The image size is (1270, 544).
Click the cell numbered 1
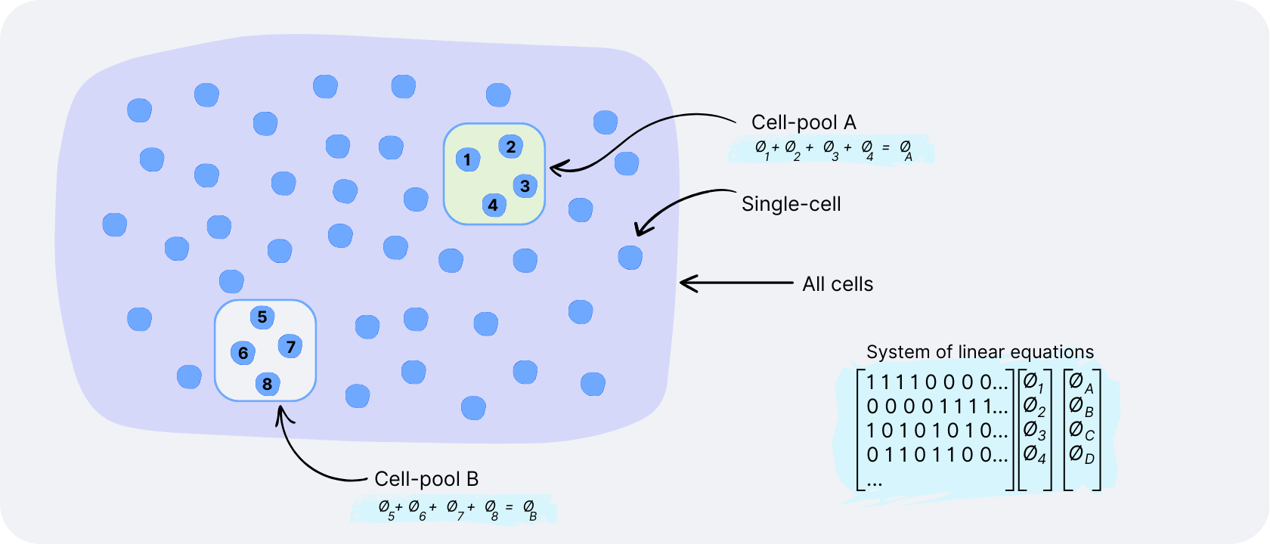click(468, 159)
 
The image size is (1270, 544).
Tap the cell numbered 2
click(511, 147)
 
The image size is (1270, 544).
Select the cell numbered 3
click(525, 185)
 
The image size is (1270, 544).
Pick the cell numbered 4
click(494, 205)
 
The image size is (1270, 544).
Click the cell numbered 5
click(262, 317)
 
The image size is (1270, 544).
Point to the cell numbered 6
click(243, 353)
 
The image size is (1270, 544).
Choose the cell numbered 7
click(290, 347)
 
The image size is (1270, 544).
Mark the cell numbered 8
click(267, 384)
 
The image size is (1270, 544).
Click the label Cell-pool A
click(804, 122)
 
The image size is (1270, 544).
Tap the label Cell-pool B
click(426, 479)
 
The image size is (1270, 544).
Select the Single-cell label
click(791, 204)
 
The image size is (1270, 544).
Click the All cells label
click(838, 284)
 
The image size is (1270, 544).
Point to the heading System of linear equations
click(980, 352)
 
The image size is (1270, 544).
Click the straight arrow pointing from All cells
click(736, 283)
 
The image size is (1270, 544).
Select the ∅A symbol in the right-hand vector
click(1082, 384)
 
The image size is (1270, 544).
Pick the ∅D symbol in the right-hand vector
click(1082, 455)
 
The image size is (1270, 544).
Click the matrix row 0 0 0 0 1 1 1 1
click(937, 407)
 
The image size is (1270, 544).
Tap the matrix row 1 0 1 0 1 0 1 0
click(937, 431)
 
